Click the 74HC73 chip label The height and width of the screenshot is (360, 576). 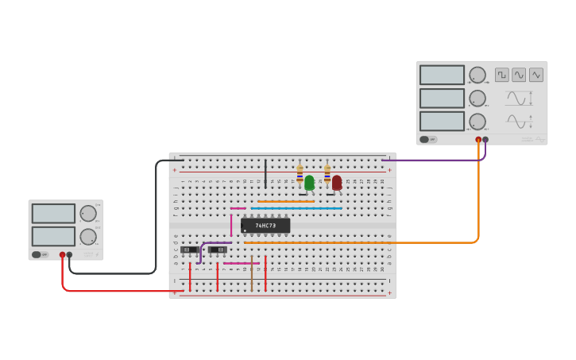click(x=265, y=226)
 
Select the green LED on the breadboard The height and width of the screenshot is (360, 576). click(x=309, y=183)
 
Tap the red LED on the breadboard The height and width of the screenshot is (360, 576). click(x=337, y=183)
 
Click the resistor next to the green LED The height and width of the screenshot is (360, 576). click(x=300, y=174)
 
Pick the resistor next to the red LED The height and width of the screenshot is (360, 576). click(x=327, y=174)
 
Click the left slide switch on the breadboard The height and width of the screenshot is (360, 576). click(x=189, y=250)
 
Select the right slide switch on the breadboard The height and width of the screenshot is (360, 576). click(x=217, y=250)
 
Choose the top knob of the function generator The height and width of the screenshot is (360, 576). click(x=477, y=75)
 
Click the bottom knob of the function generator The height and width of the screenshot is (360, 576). click(x=477, y=122)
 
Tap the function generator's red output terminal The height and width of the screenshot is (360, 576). click(x=478, y=140)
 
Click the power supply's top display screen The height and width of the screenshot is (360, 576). click(x=53, y=213)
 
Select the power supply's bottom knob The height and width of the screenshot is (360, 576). click(x=87, y=237)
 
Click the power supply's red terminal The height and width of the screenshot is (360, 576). click(x=62, y=255)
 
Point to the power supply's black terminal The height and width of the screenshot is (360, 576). click(x=70, y=255)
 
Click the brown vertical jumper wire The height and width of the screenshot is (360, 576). click(x=252, y=277)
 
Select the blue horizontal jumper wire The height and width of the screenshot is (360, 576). click(x=296, y=208)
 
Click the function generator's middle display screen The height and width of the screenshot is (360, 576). click(x=442, y=98)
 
